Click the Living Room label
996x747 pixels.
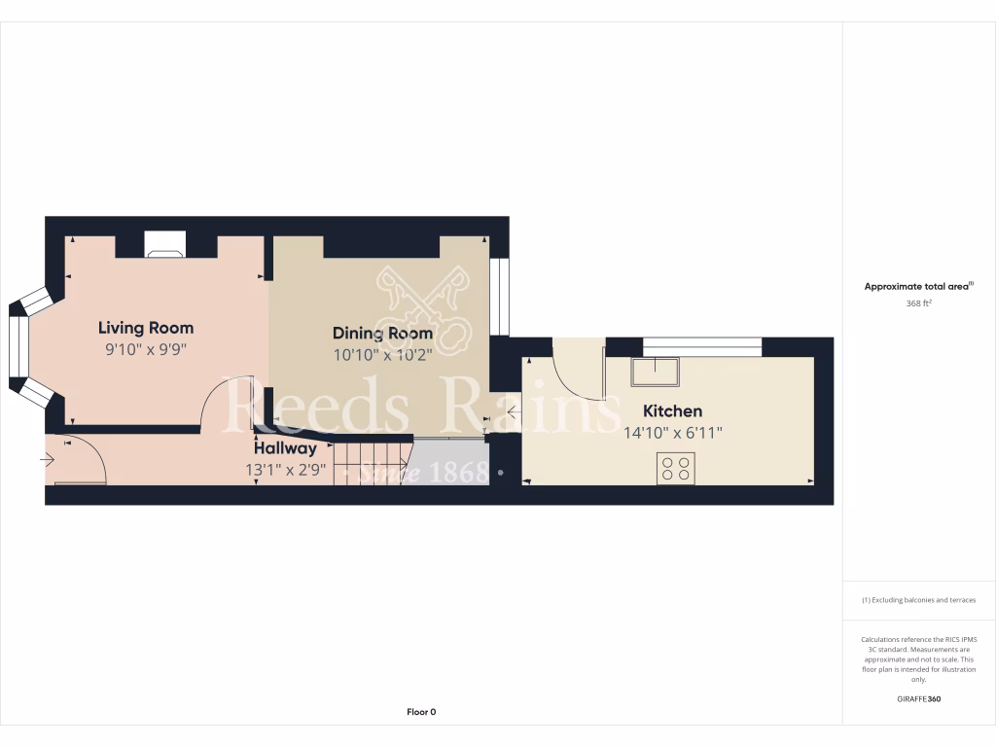pos(146,328)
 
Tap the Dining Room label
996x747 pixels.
pos(382,334)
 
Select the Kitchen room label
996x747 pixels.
pos(672,411)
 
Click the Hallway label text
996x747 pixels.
pos(285,449)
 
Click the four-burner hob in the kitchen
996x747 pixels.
pos(675,468)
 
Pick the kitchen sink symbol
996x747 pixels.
pos(654,373)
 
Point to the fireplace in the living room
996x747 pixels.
pos(163,244)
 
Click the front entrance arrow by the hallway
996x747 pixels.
pos(48,460)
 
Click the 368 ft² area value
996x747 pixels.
pos(918,303)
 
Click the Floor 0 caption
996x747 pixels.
pos(420,712)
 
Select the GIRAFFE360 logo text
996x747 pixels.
pos(919,698)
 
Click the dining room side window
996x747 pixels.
pos(499,297)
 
